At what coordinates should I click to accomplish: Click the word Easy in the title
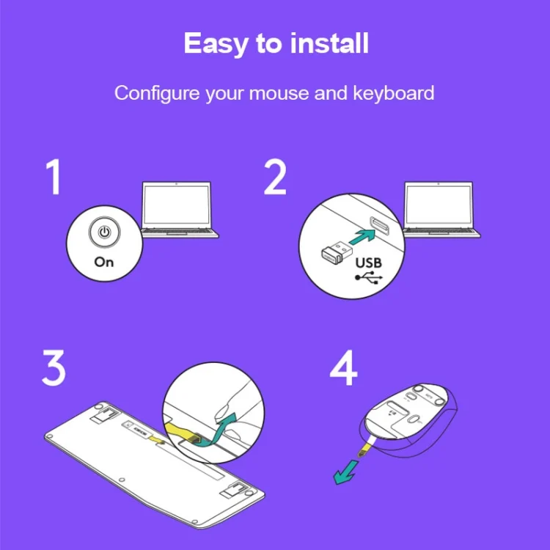[216, 44]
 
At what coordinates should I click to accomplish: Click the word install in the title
[329, 43]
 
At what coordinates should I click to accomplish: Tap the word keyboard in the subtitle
[393, 93]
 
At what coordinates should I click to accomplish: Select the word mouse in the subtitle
[279, 94]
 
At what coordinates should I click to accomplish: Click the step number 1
[54, 177]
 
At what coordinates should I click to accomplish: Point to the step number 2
[275, 177]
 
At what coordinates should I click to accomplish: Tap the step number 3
[54, 367]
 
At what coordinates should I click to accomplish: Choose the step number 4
[343, 367]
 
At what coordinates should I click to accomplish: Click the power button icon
[105, 232]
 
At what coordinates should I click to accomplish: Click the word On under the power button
[104, 262]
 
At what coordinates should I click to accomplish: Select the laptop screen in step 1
[177, 205]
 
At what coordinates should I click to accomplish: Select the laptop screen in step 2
[439, 205]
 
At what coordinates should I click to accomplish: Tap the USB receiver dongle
[337, 252]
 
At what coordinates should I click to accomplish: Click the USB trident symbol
[369, 277]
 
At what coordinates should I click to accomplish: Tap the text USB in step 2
[368, 263]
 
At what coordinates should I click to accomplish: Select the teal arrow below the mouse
[346, 472]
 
